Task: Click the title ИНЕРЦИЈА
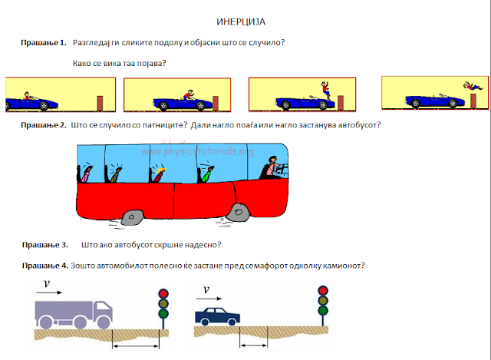click(241, 22)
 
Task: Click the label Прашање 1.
click(44, 43)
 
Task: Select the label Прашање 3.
click(45, 245)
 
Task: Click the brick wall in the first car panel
click(100, 103)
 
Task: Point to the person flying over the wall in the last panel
click(473, 86)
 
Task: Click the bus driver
click(273, 168)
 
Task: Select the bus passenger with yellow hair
click(159, 175)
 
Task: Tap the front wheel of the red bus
click(238, 213)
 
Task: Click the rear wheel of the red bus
click(133, 216)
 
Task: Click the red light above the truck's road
click(163, 293)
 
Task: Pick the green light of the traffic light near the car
click(323, 311)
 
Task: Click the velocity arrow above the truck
click(49, 292)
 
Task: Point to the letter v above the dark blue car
click(206, 289)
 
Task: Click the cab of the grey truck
click(103, 312)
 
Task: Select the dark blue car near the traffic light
click(218, 316)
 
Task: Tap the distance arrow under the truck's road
click(136, 346)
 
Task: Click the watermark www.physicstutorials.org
click(198, 152)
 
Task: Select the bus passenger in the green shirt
click(207, 174)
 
